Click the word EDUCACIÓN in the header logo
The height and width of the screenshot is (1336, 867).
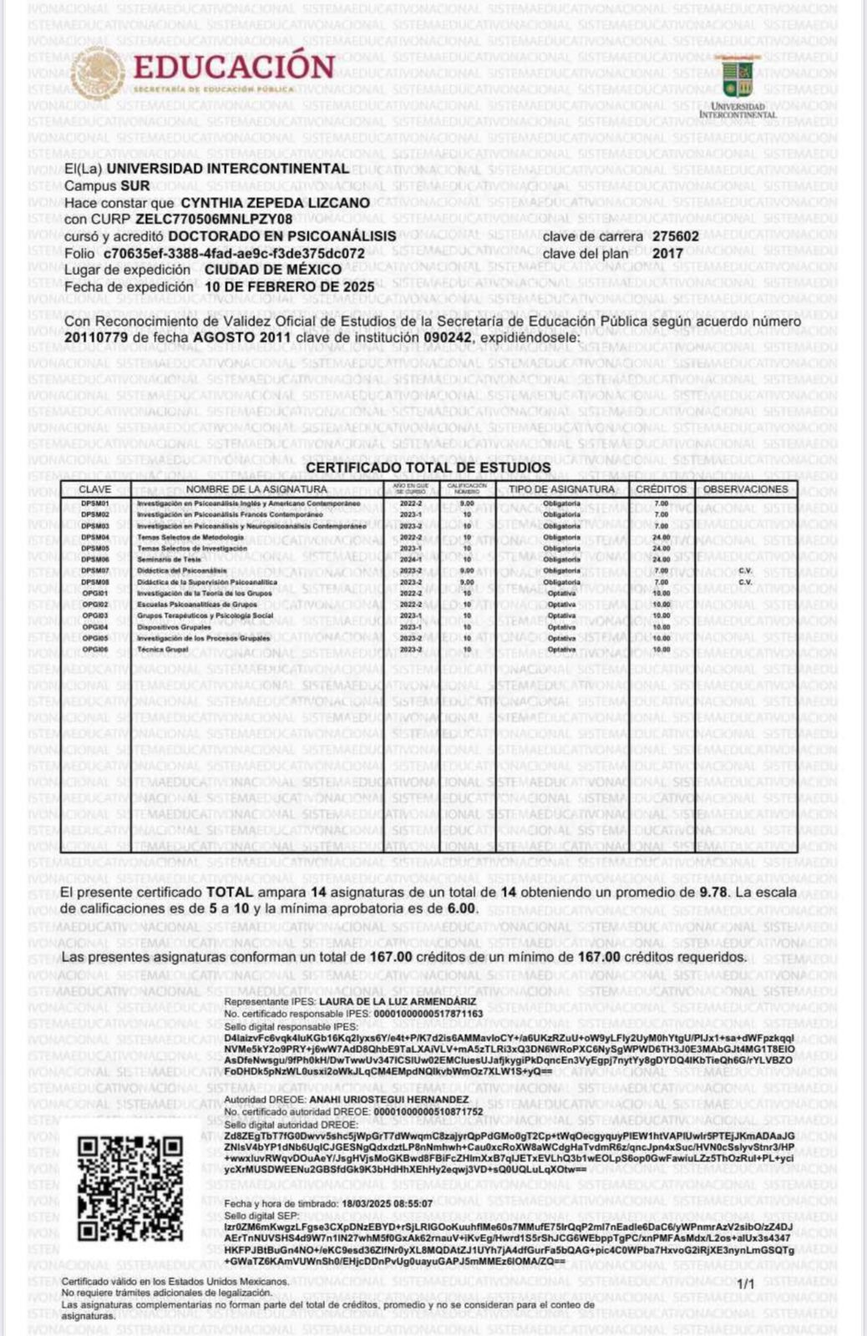coord(233,67)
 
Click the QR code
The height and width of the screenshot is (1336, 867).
coord(129,1188)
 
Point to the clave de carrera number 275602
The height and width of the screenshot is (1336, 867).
coord(676,236)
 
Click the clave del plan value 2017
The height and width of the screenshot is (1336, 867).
coord(667,253)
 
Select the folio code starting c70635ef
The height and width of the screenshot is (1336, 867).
coord(234,253)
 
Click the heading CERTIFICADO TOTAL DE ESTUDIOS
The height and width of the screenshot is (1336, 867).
coord(428,468)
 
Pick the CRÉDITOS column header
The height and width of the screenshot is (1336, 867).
coord(661,489)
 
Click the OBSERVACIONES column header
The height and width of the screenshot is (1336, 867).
coord(745,489)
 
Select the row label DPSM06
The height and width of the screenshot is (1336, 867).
coord(95,559)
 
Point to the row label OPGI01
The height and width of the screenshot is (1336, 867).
coord(95,593)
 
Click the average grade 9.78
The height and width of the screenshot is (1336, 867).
coord(714,892)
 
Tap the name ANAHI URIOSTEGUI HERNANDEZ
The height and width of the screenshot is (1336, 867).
coord(388,1100)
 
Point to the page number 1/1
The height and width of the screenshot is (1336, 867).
coord(745,1283)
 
